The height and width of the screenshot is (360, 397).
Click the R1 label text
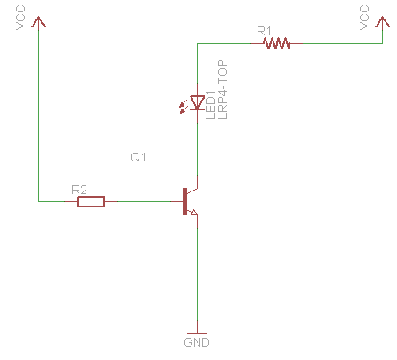(x=264, y=31)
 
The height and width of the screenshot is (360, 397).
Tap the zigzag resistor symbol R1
(x=277, y=43)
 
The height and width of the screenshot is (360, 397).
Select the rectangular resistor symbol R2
(x=91, y=202)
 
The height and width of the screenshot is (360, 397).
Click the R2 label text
(x=79, y=190)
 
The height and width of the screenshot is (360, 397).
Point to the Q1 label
(x=139, y=157)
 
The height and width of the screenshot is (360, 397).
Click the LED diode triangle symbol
(x=197, y=102)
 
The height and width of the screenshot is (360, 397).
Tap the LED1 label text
(x=211, y=105)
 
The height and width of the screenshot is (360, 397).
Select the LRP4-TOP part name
(x=222, y=90)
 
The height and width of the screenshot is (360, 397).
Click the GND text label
(x=197, y=342)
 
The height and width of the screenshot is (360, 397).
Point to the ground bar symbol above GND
(x=197, y=334)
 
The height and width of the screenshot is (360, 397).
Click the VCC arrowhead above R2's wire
(x=38, y=22)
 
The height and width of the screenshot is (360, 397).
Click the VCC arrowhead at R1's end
(x=382, y=22)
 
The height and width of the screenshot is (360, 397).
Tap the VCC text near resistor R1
(x=364, y=18)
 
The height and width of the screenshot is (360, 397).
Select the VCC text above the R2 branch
(x=20, y=18)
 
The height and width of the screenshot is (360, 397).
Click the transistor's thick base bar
(x=184, y=202)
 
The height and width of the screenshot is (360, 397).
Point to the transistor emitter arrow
(x=194, y=212)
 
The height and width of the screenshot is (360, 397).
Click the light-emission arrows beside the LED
(x=184, y=107)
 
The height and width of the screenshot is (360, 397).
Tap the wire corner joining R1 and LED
(x=197, y=43)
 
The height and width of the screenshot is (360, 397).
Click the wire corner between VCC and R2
(x=38, y=202)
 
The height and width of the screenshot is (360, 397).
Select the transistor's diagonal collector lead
(x=192, y=191)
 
